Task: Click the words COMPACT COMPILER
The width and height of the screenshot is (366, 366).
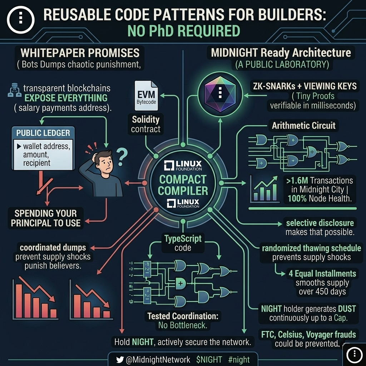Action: [183, 184]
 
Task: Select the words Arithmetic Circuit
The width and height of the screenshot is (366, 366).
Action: [303, 125]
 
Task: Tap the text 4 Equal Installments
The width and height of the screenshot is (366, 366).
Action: [322, 274]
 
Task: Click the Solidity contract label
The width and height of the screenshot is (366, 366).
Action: [145, 124]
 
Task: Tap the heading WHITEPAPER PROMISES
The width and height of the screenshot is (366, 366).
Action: [80, 53]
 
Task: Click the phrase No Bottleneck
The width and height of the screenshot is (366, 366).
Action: [183, 325]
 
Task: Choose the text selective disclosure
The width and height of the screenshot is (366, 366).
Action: [320, 223]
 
